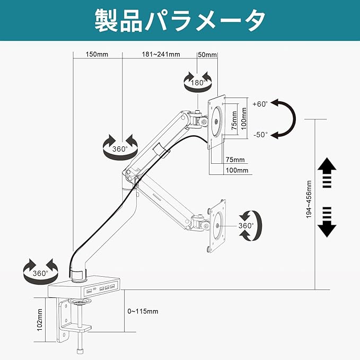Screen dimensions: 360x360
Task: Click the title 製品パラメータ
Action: coord(180,21)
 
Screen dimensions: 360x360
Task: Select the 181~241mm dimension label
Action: coord(161,55)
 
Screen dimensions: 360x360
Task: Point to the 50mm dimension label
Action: coord(207,55)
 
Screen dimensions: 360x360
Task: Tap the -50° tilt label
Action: coord(261,135)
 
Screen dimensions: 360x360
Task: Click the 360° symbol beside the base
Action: coord(40,273)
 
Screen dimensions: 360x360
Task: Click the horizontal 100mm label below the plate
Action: coord(236,170)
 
